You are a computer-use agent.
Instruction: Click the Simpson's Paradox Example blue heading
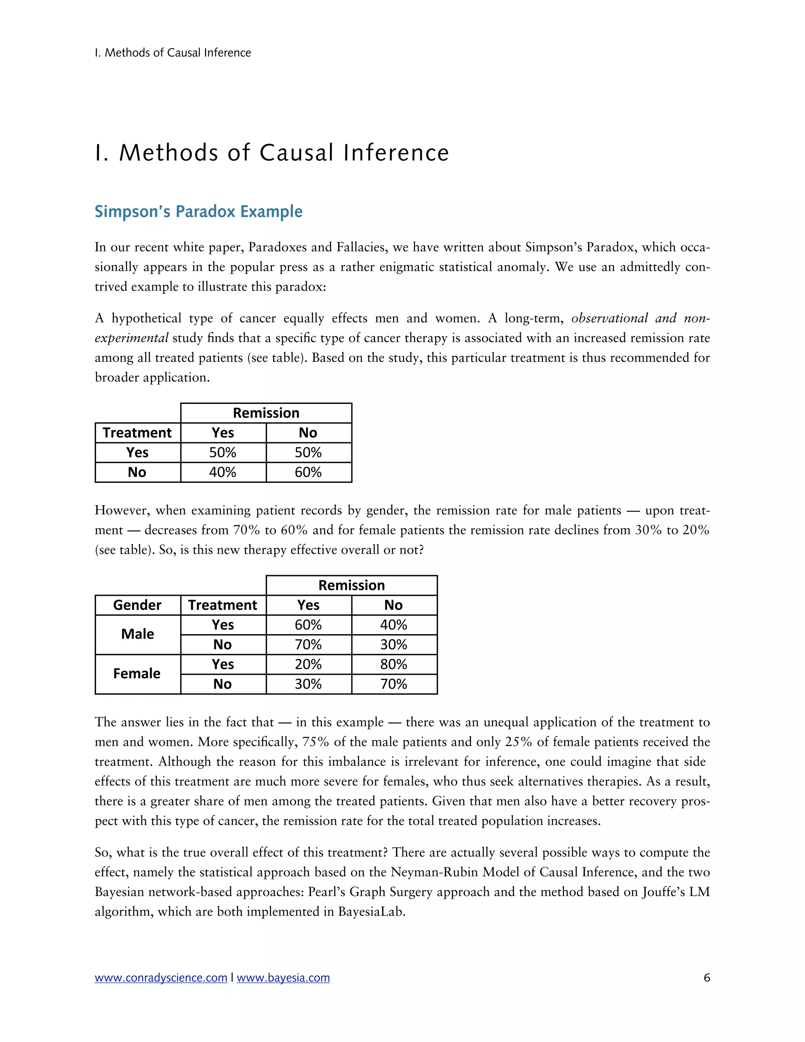pyautogui.click(x=198, y=212)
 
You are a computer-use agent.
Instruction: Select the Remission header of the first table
pyautogui.click(x=266, y=413)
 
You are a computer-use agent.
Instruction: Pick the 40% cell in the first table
pyautogui.click(x=223, y=472)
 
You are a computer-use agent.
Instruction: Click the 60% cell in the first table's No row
pyautogui.click(x=308, y=472)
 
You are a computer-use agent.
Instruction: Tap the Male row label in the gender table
pyautogui.click(x=137, y=634)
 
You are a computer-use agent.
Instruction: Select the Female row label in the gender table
pyautogui.click(x=137, y=674)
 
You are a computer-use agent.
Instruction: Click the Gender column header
pyautogui.click(x=137, y=605)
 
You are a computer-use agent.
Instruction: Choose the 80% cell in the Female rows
pyautogui.click(x=393, y=664)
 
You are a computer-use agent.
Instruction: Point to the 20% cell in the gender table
pyautogui.click(x=308, y=664)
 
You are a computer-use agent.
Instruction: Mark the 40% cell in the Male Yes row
pyautogui.click(x=393, y=624)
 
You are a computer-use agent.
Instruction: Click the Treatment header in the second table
pyautogui.click(x=223, y=605)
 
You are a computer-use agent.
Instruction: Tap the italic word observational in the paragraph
pyautogui.click(x=609, y=318)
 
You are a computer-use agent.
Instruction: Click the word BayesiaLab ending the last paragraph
pyautogui.click(x=371, y=912)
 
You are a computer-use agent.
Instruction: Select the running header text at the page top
pyautogui.click(x=173, y=52)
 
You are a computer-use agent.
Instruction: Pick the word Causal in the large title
pyautogui.click(x=296, y=153)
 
